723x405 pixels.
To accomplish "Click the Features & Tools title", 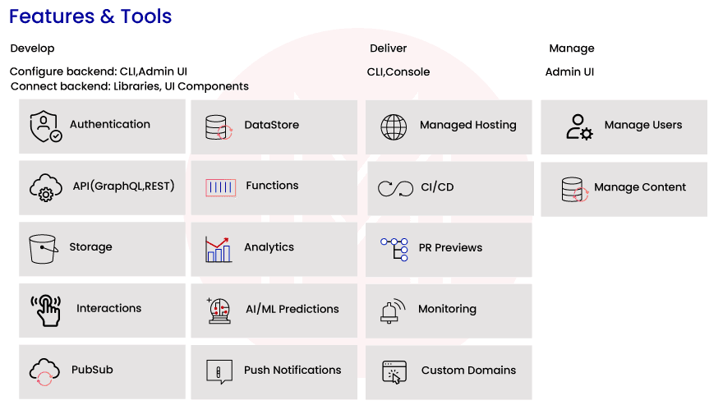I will point(90,16).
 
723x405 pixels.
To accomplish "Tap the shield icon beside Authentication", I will point(45,126).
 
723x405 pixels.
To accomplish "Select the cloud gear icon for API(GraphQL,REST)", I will point(45,187).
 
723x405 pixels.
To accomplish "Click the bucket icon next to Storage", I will point(43,248).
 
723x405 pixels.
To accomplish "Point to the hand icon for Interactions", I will point(46,310).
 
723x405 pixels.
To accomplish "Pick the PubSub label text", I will point(92,370).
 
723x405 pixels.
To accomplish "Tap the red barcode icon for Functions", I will point(220,187).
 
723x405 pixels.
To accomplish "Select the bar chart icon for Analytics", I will point(219,248).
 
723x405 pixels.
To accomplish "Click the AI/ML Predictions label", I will point(292,309).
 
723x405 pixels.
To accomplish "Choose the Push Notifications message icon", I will point(219,371).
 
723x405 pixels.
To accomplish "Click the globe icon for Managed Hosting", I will point(394,127).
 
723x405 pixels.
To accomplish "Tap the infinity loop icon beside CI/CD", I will point(395,188).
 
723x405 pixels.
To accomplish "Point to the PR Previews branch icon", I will point(395,248).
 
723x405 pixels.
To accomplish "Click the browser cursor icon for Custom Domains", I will point(395,371).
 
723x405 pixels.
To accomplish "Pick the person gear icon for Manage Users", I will point(579,127).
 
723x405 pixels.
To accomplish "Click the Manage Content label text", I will point(640,187).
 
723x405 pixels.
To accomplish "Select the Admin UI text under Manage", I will point(569,71).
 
